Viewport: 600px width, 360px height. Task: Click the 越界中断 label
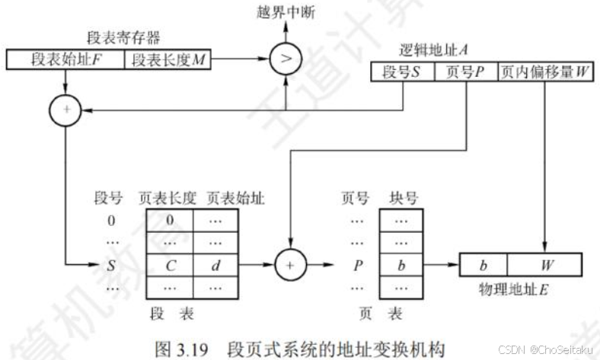286,13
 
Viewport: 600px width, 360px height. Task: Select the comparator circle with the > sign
286,59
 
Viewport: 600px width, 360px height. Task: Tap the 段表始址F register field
65,59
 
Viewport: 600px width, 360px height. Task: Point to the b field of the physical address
484,266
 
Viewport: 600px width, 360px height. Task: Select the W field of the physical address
545,266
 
